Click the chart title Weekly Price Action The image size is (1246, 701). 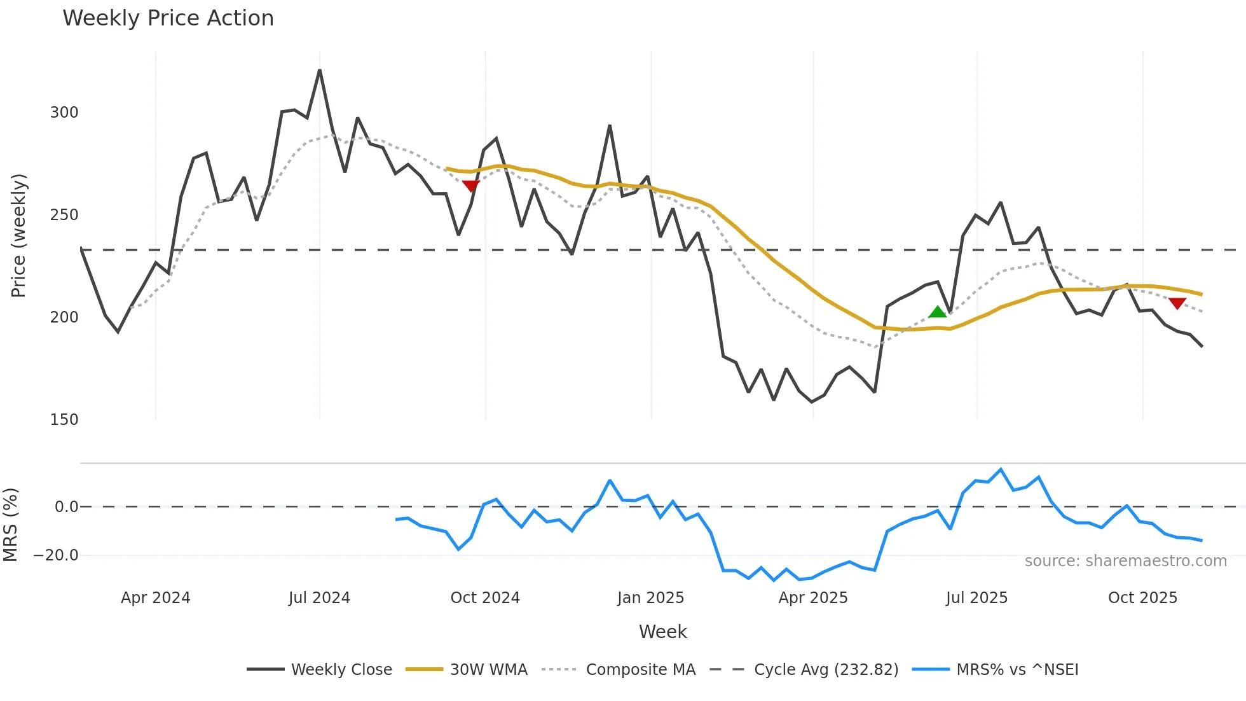(168, 18)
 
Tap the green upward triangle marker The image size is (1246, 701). (937, 312)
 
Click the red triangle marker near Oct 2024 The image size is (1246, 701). (470, 186)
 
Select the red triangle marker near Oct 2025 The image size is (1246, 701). (1177, 303)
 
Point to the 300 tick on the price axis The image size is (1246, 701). (64, 113)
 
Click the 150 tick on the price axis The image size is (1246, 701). (64, 420)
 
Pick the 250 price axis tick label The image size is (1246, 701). (64, 215)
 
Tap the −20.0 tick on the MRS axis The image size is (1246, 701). (56, 555)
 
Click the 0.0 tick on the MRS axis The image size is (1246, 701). (66, 507)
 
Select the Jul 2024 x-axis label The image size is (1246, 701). (319, 598)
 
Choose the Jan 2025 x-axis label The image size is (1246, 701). (650, 598)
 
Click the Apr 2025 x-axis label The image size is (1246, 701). (813, 598)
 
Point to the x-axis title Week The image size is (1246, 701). (662, 632)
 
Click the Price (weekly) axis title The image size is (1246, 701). (19, 235)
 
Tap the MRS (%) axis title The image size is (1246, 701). (11, 525)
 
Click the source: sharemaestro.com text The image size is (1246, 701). (1125, 561)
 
